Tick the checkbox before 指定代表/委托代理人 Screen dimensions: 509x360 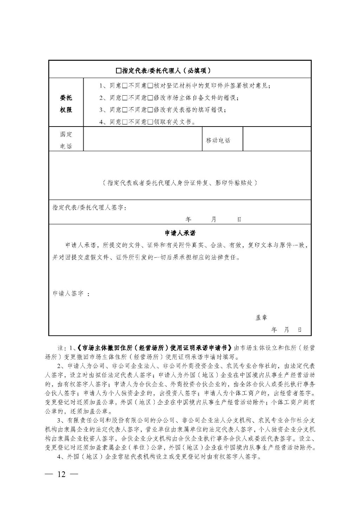(118, 71)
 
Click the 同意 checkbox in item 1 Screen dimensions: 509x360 (124, 85)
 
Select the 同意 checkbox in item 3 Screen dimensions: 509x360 (124, 110)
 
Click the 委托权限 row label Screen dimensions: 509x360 (66, 104)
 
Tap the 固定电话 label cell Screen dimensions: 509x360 (66, 140)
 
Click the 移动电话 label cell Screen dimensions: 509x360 (218, 140)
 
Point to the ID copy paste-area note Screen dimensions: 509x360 (180, 183)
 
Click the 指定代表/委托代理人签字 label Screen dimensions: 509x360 (90, 207)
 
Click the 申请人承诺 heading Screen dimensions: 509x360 (180, 233)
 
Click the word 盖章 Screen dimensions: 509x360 (261, 317)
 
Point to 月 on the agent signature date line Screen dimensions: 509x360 (214, 219)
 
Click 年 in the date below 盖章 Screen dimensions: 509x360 (274, 330)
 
